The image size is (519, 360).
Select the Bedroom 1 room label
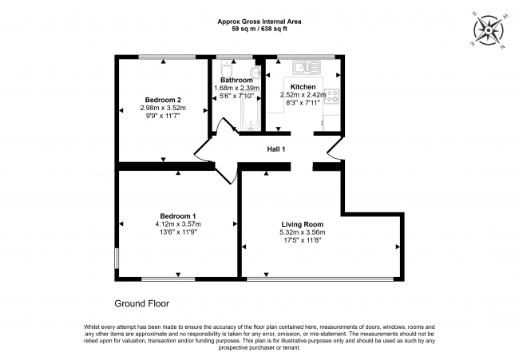coord(177,216)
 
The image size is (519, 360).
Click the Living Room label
coord(302,224)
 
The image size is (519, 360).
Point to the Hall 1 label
coord(275,149)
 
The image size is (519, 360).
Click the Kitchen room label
coord(302,86)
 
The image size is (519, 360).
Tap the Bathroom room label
coord(236,80)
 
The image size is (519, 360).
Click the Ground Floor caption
coord(142,303)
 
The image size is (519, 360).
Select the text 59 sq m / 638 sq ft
coord(259,29)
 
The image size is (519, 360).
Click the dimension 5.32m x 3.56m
coord(302,232)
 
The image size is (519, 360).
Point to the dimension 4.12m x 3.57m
coord(177,224)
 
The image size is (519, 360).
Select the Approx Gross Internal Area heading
coord(259,21)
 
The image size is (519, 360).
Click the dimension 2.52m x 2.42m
coord(302,94)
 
